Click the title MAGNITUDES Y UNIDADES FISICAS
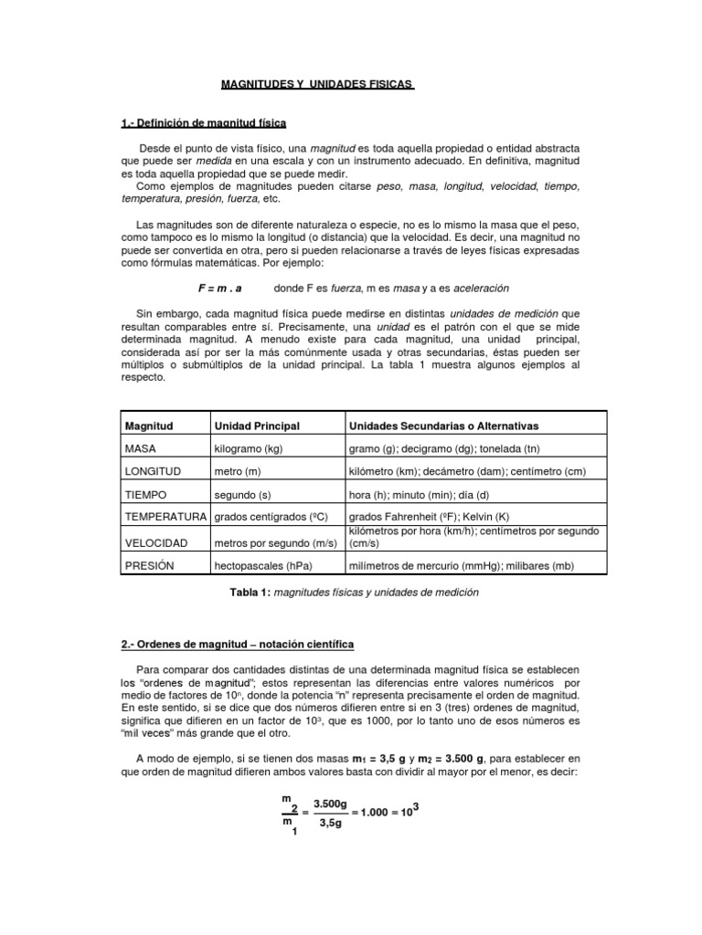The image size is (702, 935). coord(318,85)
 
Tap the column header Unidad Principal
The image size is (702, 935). coord(256,425)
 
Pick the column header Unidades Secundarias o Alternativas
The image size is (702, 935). coord(444,425)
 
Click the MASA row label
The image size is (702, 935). coord(143,449)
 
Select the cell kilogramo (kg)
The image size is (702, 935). coord(250,449)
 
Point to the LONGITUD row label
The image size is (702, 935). coord(153,471)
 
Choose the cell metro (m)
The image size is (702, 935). coord(237,471)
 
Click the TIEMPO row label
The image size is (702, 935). coord(147,494)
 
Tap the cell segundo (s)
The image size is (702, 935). coord(242,494)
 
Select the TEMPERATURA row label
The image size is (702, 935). coord(166,517)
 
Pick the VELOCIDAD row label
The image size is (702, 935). coord(156,543)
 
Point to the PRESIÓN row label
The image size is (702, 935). coord(151,566)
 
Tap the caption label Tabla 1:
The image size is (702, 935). coord(249,592)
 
